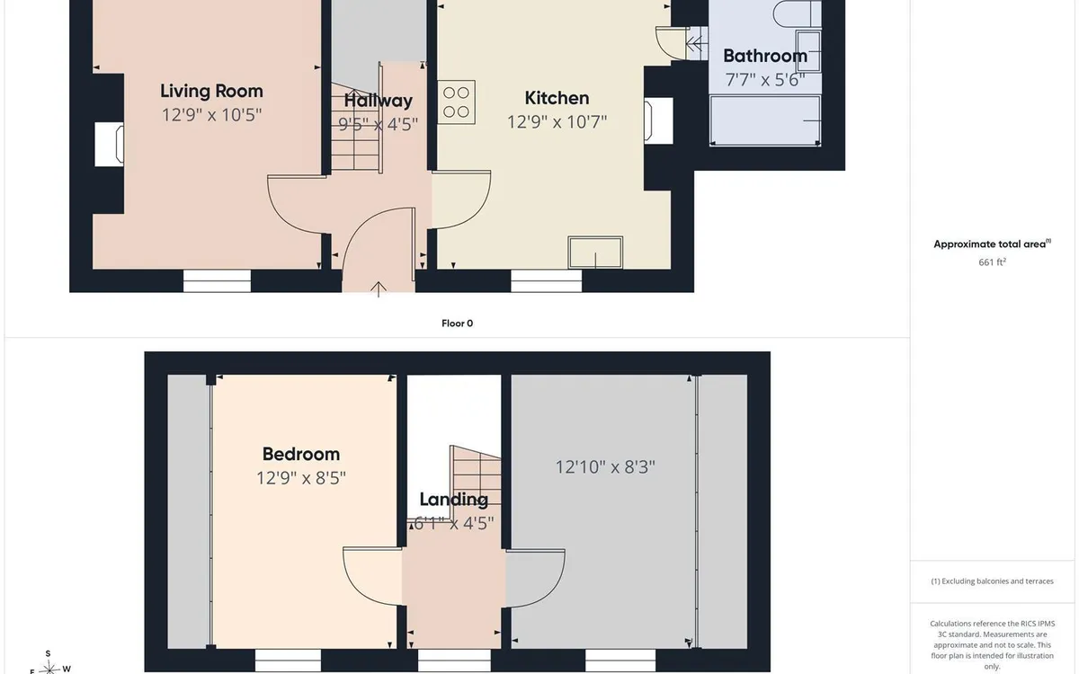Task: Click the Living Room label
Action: [x=211, y=91]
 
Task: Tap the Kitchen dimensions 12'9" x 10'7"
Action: [x=557, y=122]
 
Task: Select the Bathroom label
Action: [x=765, y=56]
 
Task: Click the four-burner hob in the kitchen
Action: [x=456, y=102]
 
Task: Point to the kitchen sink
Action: [x=595, y=253]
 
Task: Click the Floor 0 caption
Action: [x=457, y=324]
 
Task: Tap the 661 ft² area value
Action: [x=992, y=262]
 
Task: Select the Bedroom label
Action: [x=301, y=454]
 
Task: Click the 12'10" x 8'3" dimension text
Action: [x=605, y=466]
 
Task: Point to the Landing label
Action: [x=454, y=500]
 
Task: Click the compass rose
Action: [x=49, y=667]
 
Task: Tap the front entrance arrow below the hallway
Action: [x=379, y=289]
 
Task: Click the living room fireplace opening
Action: [x=109, y=145]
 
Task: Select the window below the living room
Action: [x=218, y=280]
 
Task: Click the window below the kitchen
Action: [x=547, y=280]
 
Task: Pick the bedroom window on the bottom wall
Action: [x=288, y=661]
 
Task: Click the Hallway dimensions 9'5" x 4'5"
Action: [x=379, y=124]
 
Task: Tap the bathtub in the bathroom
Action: [x=765, y=120]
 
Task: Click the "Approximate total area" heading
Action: [x=993, y=244]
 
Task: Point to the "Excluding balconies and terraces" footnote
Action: [x=992, y=581]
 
